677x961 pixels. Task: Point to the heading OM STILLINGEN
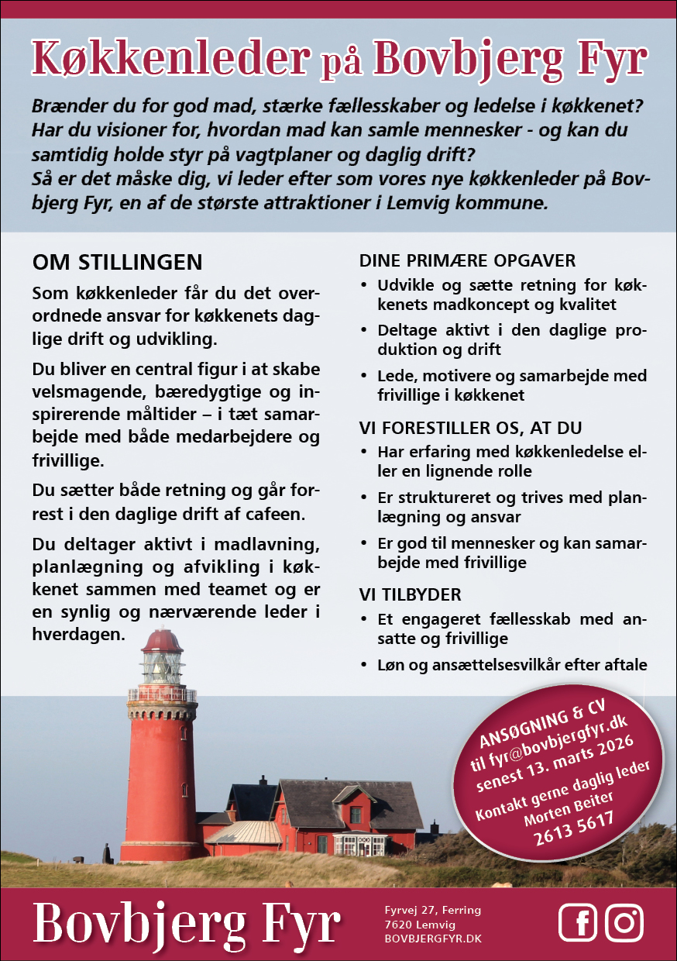tap(117, 262)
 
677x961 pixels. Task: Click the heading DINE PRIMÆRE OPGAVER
tap(467, 260)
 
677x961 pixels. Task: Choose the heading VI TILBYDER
tap(410, 594)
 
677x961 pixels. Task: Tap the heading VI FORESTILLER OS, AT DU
tap(470, 428)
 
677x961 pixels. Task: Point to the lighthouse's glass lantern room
tap(162, 666)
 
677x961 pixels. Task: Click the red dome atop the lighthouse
tap(162, 641)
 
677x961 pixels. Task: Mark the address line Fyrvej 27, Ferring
tap(432, 910)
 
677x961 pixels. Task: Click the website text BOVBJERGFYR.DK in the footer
tap(433, 939)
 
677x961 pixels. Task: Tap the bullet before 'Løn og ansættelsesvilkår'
tap(364, 665)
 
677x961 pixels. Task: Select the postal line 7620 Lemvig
tap(420, 925)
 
